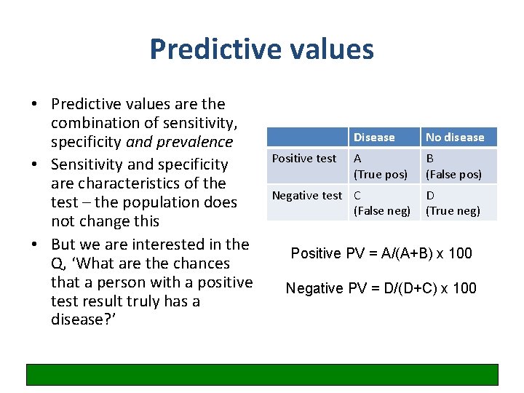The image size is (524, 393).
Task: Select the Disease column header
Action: tap(374, 137)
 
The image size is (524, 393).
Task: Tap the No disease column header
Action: tap(455, 137)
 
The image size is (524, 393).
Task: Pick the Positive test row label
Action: tap(304, 159)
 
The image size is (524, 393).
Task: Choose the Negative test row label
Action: tap(306, 195)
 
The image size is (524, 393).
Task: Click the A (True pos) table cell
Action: tap(380, 166)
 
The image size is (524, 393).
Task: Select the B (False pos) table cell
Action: tap(453, 166)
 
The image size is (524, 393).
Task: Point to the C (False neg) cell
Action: tap(381, 203)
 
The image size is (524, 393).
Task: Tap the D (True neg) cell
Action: tap(453, 203)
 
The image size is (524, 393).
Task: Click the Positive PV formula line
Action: tap(381, 253)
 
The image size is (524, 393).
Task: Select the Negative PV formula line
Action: tap(381, 288)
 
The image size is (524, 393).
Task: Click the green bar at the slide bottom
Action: tap(262, 374)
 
